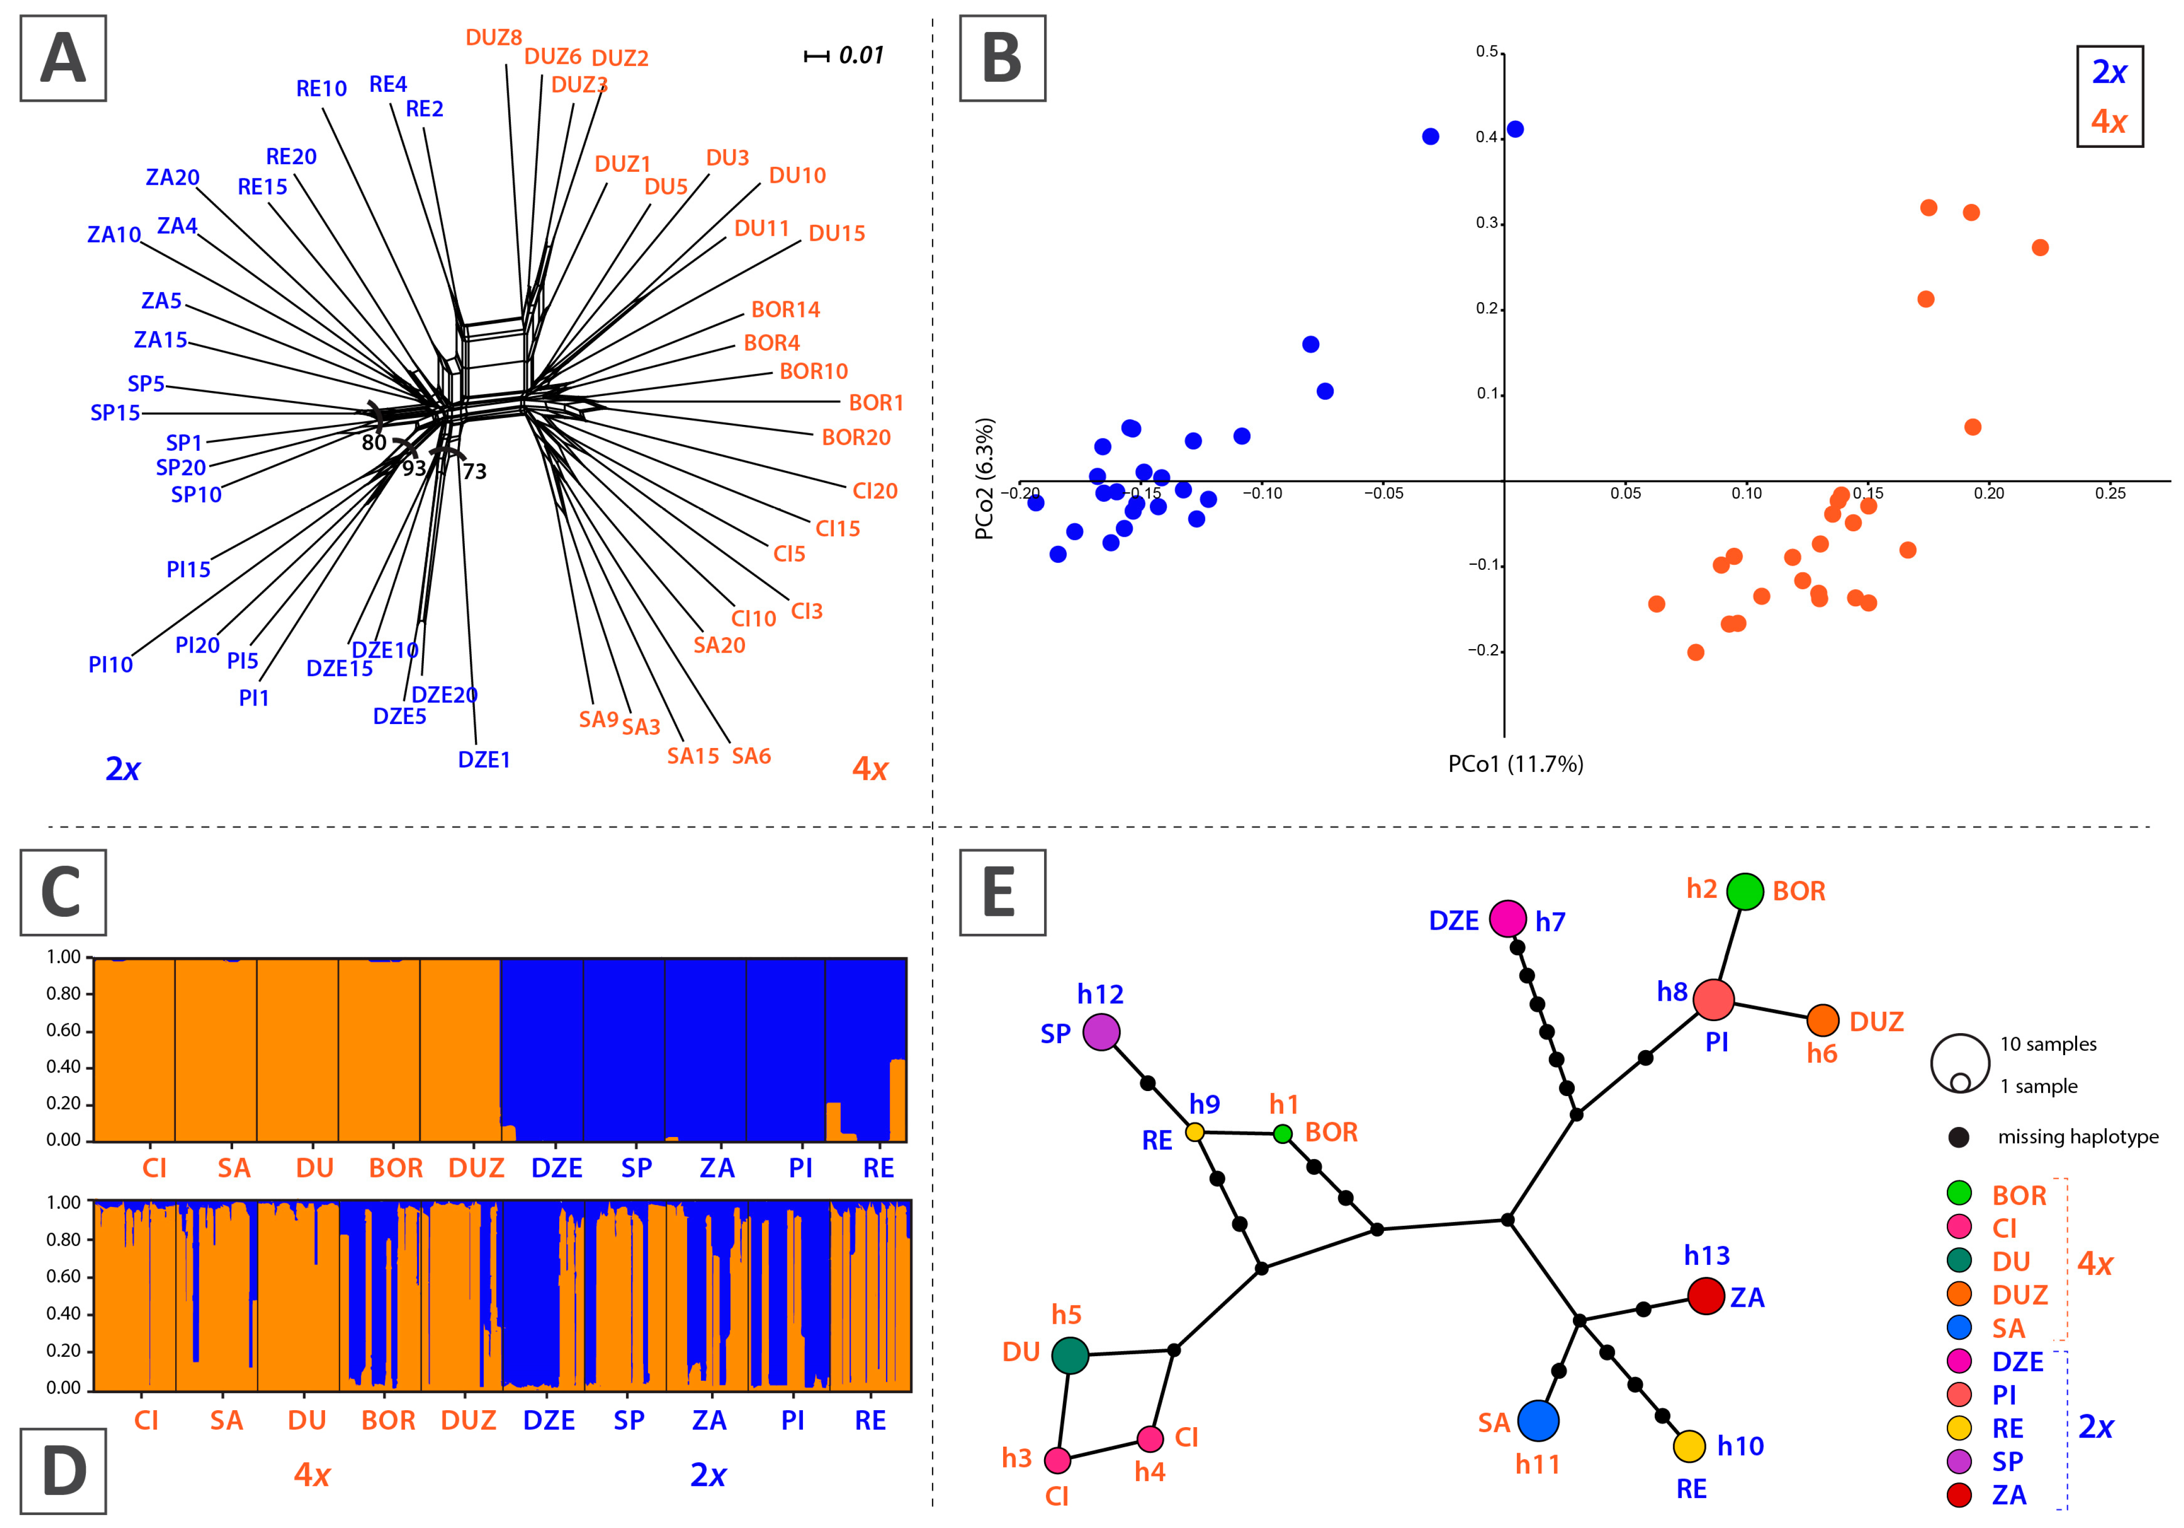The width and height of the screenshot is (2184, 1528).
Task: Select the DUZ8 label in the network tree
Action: pyautogui.click(x=494, y=38)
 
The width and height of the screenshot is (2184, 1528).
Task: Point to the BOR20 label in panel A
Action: pyautogui.click(x=856, y=437)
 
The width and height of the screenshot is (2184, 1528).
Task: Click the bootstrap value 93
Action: pyautogui.click(x=414, y=468)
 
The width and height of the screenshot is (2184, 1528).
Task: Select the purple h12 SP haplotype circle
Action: pyautogui.click(x=1100, y=1031)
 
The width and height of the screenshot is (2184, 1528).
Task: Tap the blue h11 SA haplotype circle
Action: pyautogui.click(x=1538, y=1421)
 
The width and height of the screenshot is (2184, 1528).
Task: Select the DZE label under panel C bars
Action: pyautogui.click(x=556, y=1168)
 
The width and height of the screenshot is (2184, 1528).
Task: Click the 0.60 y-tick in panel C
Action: pyautogui.click(x=64, y=1030)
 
